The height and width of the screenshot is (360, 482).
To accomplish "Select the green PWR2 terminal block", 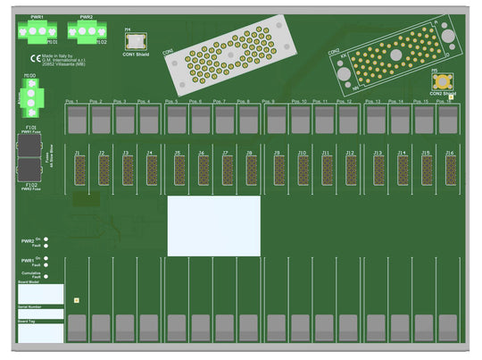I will pyautogui.click(x=86, y=31).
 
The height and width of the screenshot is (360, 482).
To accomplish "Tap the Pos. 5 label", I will pyautogui.click(x=170, y=102).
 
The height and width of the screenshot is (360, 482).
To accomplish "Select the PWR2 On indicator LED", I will pyautogui.click(x=46, y=239).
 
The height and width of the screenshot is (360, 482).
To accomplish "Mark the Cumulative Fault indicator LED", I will pyautogui.click(x=46, y=276).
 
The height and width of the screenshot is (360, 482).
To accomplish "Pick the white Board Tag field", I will pyautogui.click(x=40, y=333).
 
